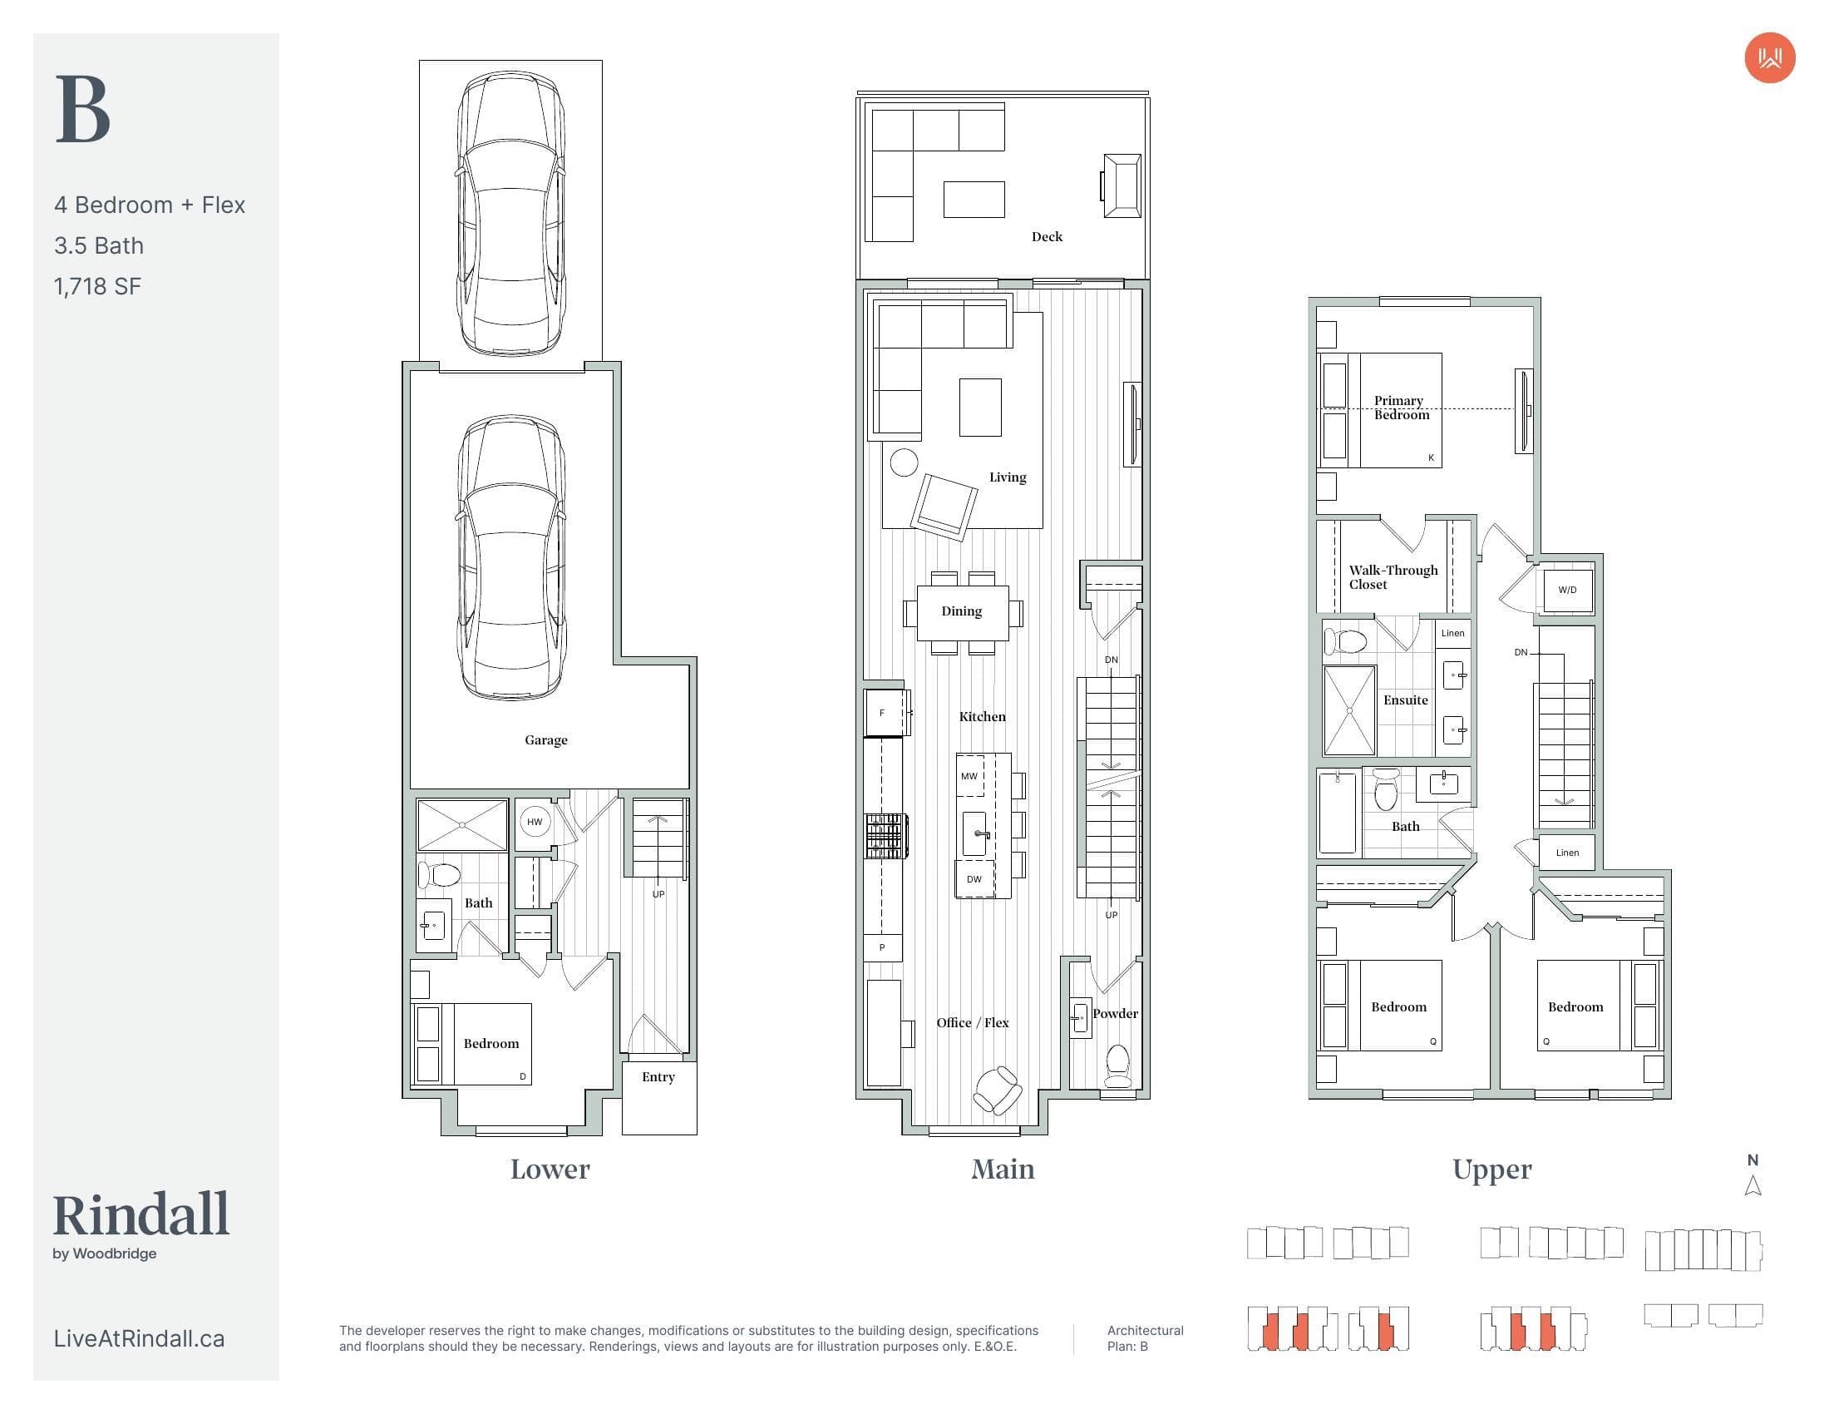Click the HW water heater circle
tap(535, 822)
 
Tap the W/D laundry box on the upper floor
tap(1568, 590)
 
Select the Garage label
tap(546, 739)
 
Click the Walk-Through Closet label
tap(1393, 577)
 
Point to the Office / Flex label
tap(973, 1022)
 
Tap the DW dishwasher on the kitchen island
tap(974, 878)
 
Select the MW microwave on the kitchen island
tap(969, 776)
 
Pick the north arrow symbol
tap(1753, 1185)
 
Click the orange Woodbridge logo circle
tap(1769, 57)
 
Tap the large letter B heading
tap(83, 110)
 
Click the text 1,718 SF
tap(97, 286)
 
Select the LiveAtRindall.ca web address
tap(139, 1337)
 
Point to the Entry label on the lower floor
tap(658, 1076)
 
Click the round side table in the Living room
tap(904, 462)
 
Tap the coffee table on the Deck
tap(974, 200)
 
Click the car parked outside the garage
tap(510, 214)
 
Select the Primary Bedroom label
tap(1401, 407)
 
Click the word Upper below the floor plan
tap(1492, 1169)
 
